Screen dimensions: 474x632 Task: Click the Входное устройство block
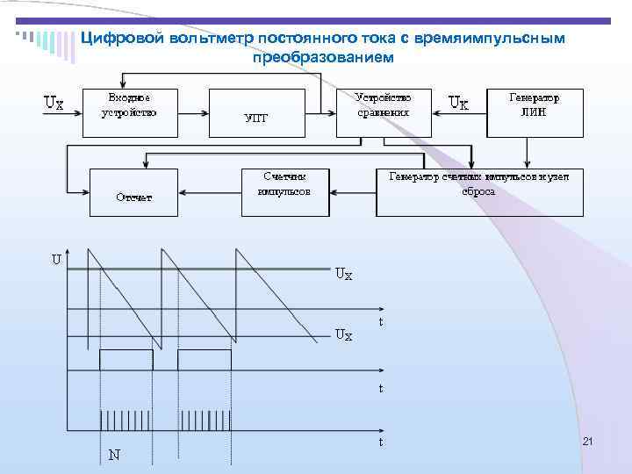(129, 111)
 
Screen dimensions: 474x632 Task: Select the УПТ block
(255, 118)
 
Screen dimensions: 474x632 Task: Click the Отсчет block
(134, 192)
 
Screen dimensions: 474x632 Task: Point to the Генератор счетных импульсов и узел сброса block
(479, 192)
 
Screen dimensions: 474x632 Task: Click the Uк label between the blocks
(458, 104)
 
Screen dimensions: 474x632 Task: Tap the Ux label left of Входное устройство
(54, 103)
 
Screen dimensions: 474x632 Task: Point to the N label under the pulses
(114, 455)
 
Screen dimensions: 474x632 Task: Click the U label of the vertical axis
(55, 260)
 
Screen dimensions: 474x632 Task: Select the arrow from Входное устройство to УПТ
(196, 111)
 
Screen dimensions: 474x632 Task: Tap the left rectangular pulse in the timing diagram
(126, 360)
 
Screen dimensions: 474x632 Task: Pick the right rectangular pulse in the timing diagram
(205, 360)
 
